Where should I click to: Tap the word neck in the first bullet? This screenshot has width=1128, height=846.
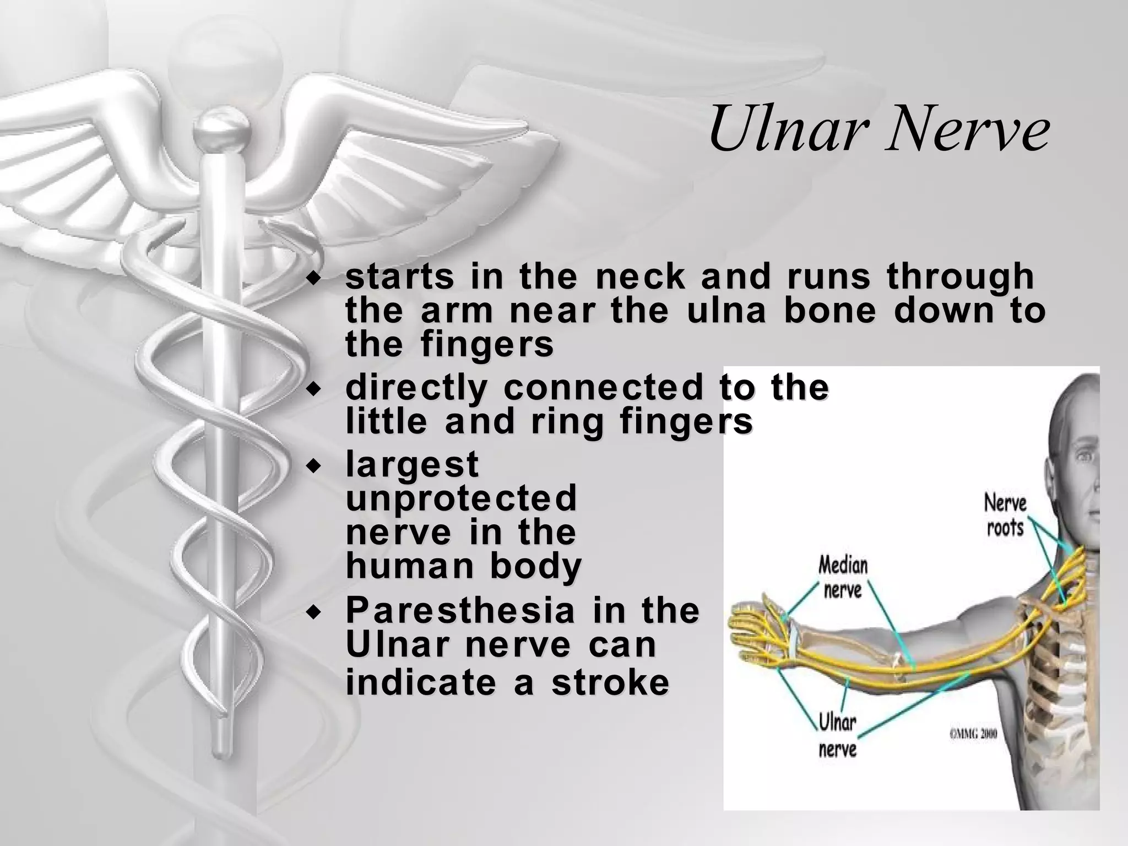tap(641, 276)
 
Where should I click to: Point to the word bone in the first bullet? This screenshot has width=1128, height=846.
tap(829, 311)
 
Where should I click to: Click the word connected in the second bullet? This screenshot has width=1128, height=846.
tap(603, 388)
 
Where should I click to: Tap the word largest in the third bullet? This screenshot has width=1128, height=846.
tap(412, 464)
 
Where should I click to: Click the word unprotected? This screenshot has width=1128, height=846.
tap(461, 498)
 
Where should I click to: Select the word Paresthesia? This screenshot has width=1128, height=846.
tap(459, 611)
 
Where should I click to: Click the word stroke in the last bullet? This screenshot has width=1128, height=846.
tap(610, 682)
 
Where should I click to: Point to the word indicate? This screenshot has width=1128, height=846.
tap(421, 682)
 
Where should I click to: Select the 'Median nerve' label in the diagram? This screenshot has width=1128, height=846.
tap(843, 577)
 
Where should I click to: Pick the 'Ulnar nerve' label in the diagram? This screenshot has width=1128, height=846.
tap(838, 735)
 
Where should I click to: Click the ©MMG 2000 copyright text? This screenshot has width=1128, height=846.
tap(973, 734)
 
